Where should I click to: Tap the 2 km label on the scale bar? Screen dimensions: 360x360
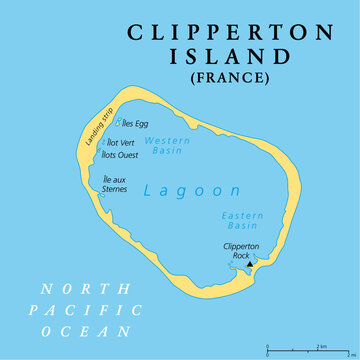pos(322,345)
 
